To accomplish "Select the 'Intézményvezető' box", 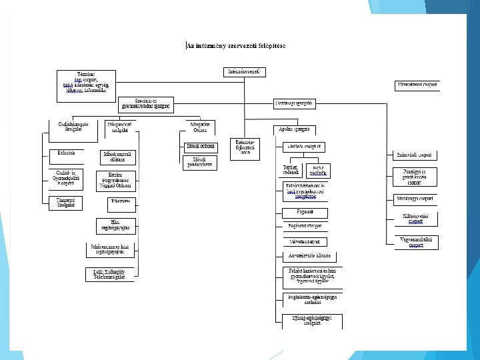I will tap(245, 71).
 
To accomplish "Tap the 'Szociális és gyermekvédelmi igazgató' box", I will tap(146, 103).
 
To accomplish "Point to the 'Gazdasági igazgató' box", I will tap(294, 103).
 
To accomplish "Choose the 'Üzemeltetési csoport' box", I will tap(418, 85).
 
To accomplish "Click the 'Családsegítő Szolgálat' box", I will tap(66, 127).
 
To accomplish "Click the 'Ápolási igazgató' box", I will tap(294, 129).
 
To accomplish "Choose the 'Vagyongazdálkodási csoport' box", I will tap(416, 241).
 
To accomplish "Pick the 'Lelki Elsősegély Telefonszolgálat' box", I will tap(109, 274).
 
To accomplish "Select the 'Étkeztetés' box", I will tap(121, 201).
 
